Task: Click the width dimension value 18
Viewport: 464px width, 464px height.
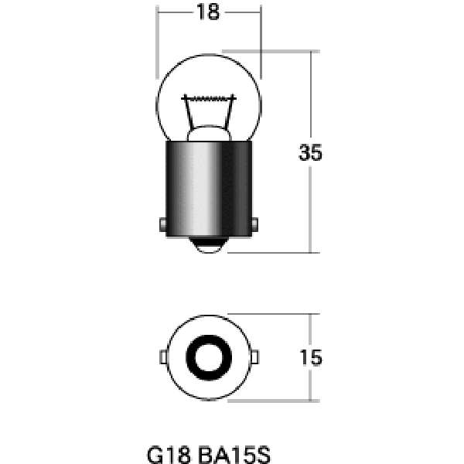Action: pyautogui.click(x=207, y=12)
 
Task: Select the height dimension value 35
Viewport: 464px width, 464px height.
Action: pyautogui.click(x=309, y=153)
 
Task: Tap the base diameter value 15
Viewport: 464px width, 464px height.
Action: pyautogui.click(x=309, y=357)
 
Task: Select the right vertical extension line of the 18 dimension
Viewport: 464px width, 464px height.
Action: pyautogui.click(x=259, y=46)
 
